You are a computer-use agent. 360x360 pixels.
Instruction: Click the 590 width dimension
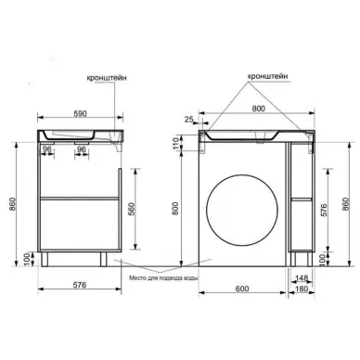pos(80,113)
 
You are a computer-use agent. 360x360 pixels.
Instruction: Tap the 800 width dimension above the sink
pos(259,109)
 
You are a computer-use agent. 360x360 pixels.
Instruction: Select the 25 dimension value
pos(189,119)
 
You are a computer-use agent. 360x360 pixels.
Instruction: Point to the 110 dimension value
pos(175,144)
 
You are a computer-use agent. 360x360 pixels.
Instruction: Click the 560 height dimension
pos(132,209)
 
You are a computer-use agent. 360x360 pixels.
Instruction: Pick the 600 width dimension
pos(242,289)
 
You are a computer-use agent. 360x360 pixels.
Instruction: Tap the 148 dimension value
pos(302,278)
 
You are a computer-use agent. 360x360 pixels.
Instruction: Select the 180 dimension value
pos(302,289)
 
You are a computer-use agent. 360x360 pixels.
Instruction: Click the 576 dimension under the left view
pos(80,285)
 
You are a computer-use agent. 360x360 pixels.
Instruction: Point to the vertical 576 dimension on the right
pos(324,210)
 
